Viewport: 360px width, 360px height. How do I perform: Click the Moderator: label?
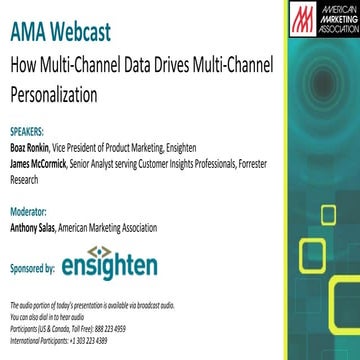(29, 212)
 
